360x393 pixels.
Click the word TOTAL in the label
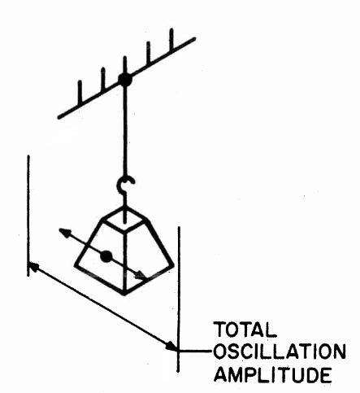(245, 330)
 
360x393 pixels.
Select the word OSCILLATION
(280, 352)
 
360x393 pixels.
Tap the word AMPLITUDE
(273, 374)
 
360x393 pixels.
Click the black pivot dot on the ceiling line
(125, 80)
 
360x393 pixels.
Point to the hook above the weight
(125, 185)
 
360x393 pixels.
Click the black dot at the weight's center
(106, 256)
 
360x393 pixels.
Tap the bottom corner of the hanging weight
(124, 295)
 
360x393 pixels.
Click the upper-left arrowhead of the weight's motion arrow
(64, 232)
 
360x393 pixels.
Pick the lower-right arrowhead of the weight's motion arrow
(141, 275)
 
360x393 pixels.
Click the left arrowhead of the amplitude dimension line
(33, 266)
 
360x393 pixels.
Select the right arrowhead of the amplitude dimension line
(171, 346)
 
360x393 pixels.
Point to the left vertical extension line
(28, 216)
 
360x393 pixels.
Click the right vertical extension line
(179, 299)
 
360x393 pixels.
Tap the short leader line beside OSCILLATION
(195, 351)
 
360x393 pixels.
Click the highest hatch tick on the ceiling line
(171, 40)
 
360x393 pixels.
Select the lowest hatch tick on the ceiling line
(80, 92)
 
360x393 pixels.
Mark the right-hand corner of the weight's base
(171, 265)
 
